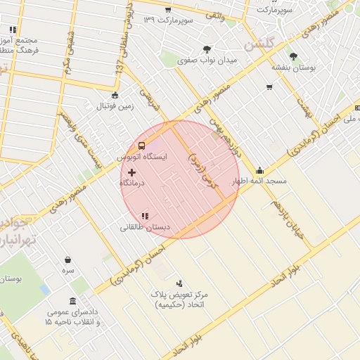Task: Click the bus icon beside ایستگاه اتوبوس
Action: (x=142, y=146)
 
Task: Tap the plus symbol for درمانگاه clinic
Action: (x=131, y=172)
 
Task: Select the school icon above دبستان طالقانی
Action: (x=145, y=217)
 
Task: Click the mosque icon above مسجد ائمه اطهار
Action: (x=259, y=170)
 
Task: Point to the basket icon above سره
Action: (x=67, y=259)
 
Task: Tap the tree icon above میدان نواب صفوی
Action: (x=207, y=49)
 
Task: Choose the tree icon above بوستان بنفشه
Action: (x=293, y=56)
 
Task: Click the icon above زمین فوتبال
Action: (x=115, y=96)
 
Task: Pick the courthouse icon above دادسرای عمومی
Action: (x=72, y=301)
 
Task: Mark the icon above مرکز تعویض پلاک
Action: (x=179, y=283)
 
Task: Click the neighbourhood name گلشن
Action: (x=258, y=44)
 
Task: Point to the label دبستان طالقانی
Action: (x=145, y=227)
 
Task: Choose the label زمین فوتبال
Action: (x=115, y=107)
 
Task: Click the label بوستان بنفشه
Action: (x=293, y=67)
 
